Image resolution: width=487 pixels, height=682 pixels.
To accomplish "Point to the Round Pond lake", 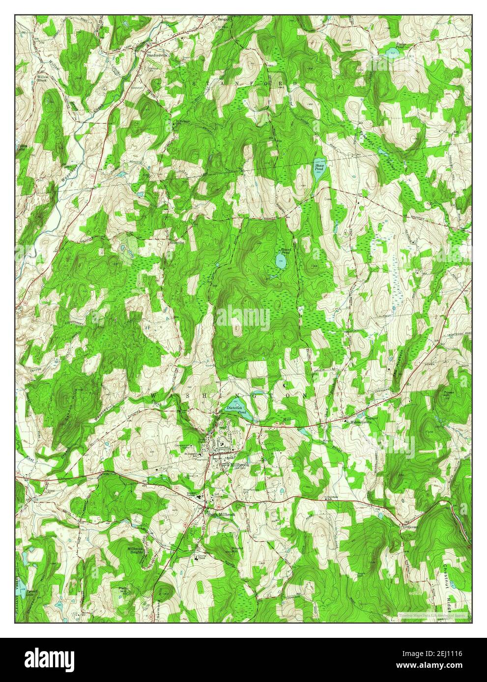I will pos(281,259).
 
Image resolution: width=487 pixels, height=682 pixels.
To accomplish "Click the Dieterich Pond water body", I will pos(234,408).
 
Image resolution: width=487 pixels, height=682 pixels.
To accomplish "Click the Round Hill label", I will pos(237,551).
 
